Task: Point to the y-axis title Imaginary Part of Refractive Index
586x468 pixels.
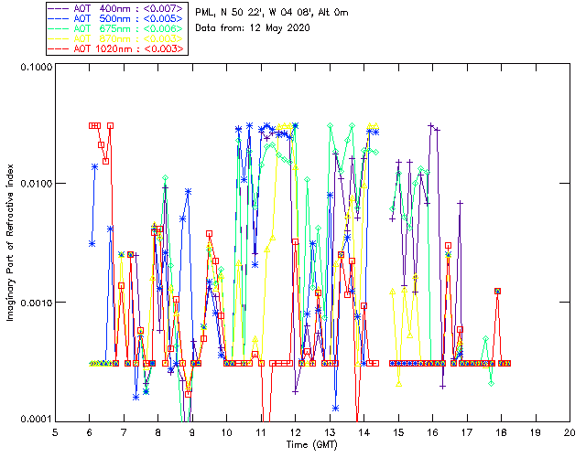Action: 11,244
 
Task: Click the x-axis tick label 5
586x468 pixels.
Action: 56,432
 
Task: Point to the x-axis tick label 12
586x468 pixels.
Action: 296,432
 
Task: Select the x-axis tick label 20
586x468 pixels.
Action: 570,432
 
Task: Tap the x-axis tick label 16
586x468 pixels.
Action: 433,432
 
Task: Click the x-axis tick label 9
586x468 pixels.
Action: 193,432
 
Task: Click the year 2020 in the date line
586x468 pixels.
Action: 298,27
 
